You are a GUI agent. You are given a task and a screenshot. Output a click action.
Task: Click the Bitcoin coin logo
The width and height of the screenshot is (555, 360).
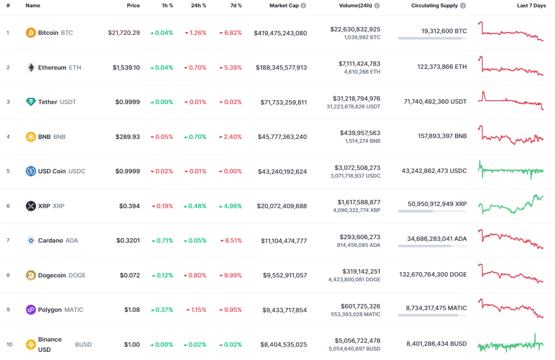(31, 33)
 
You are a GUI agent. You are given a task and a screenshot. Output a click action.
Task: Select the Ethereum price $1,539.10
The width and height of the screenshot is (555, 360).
(126, 67)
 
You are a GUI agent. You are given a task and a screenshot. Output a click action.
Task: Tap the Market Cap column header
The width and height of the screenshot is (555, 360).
(284, 6)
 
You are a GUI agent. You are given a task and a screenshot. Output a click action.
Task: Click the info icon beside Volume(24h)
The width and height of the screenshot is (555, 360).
(377, 6)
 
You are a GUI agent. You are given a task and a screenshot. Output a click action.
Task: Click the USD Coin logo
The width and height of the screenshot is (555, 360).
(31, 171)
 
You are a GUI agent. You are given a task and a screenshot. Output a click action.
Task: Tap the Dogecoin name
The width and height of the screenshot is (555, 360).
(52, 275)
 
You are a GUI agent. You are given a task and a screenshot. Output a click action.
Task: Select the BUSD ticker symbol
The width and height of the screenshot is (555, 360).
(83, 345)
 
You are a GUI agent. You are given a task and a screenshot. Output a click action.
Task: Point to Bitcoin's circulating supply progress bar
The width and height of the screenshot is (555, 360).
(432, 38)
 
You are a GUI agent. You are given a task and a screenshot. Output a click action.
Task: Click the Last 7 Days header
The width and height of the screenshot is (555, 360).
(531, 6)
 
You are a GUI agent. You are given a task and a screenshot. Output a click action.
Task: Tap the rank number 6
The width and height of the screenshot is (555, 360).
(8, 206)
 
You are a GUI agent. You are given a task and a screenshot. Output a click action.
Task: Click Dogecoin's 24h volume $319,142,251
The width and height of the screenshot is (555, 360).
(361, 271)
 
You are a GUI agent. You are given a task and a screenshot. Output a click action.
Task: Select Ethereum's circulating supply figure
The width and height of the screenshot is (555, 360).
(442, 67)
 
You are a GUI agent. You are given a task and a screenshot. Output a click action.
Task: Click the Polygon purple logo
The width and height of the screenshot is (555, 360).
(31, 310)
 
